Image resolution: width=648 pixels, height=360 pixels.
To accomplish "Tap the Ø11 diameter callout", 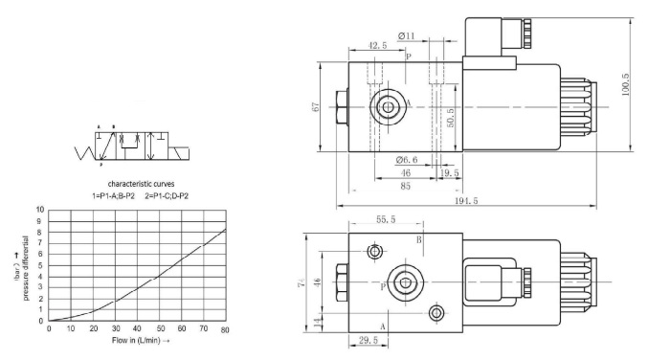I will (x=407, y=36).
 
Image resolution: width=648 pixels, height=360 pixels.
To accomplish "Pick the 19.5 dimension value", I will (x=449, y=172).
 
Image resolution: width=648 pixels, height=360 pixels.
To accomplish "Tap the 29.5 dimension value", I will (x=366, y=340).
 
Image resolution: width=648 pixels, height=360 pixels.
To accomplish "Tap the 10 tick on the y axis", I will (x=39, y=209).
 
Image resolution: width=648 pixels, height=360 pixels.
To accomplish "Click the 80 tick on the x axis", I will (x=225, y=329).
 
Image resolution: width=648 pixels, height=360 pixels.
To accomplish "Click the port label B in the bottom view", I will (x=418, y=239).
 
